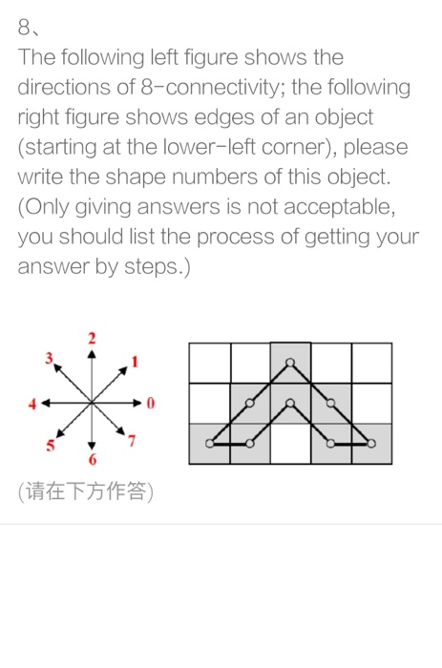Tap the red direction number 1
click(136, 361)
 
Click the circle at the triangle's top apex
click(290, 363)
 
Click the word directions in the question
click(63, 87)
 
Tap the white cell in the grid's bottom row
click(290, 444)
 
